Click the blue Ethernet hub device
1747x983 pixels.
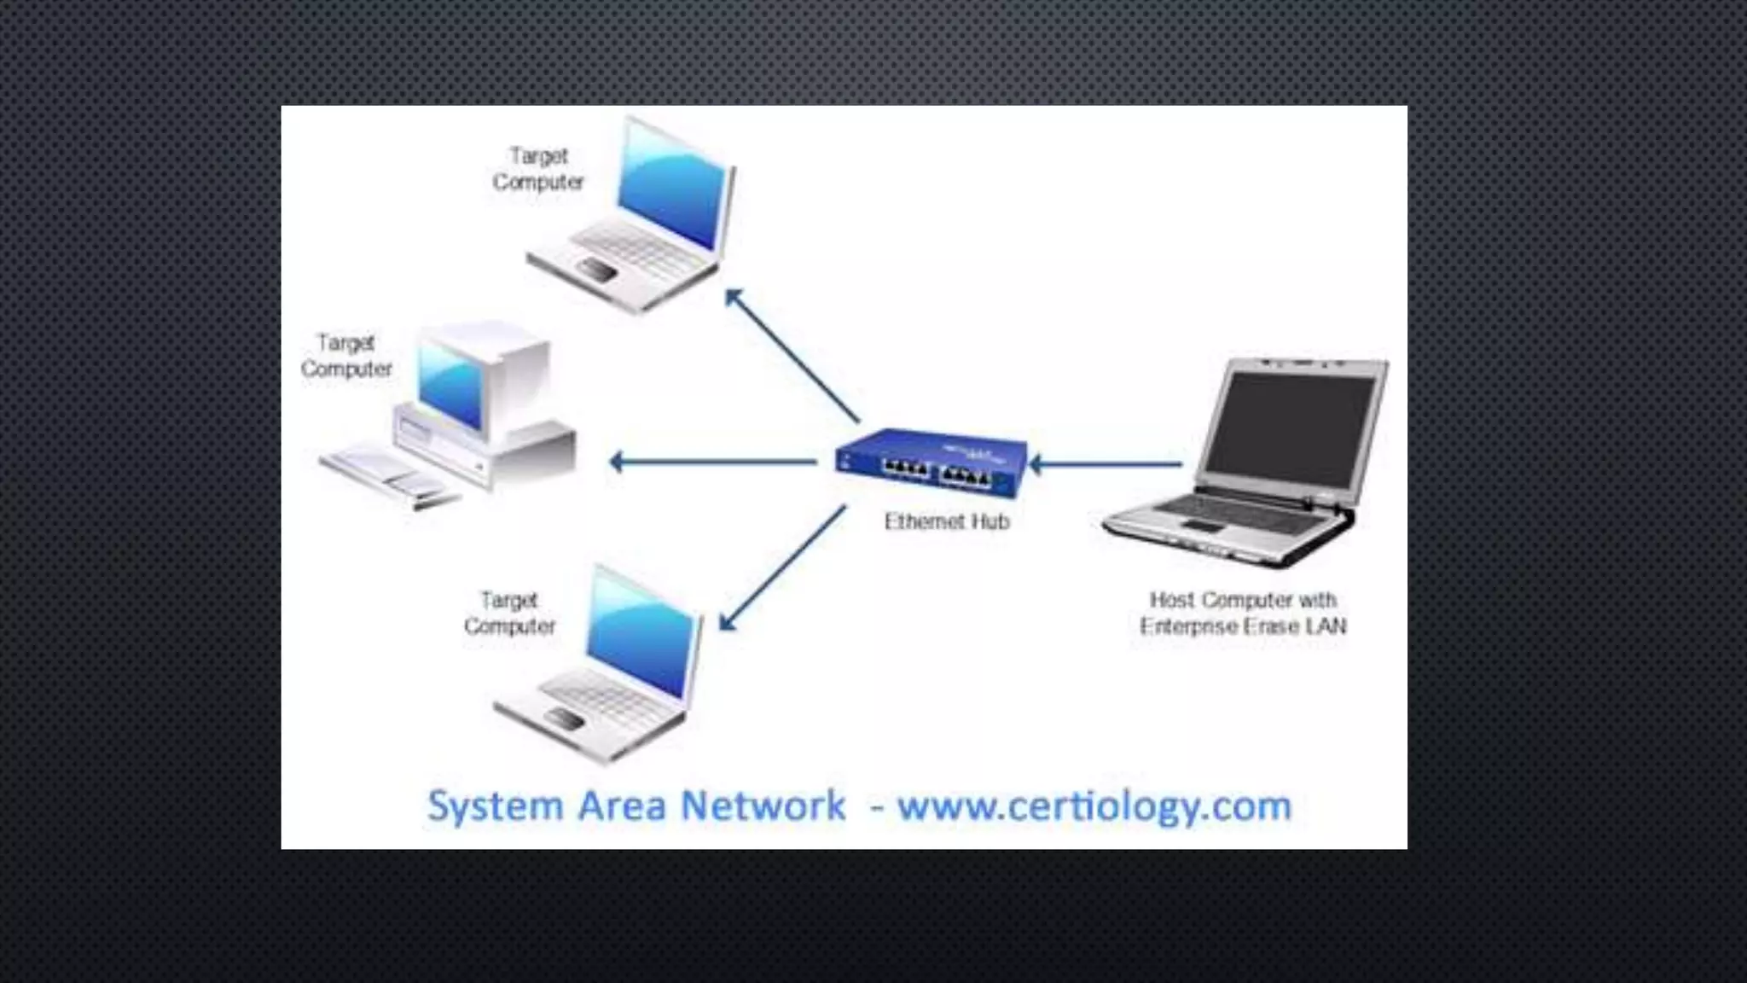[932, 462]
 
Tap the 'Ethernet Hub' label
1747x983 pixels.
[946, 521]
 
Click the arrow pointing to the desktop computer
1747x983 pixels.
[713, 462]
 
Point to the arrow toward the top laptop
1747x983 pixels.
[791, 355]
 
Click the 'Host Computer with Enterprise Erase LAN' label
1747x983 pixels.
[1243, 613]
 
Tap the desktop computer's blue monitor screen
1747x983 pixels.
[450, 386]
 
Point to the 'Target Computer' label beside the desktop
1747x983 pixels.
[345, 356]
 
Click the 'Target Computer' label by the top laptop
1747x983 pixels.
[538, 169]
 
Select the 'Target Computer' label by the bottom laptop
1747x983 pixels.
[509, 613]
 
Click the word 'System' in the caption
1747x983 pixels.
[495, 806]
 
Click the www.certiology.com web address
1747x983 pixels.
[1094, 806]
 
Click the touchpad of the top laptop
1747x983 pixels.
[597, 270]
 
